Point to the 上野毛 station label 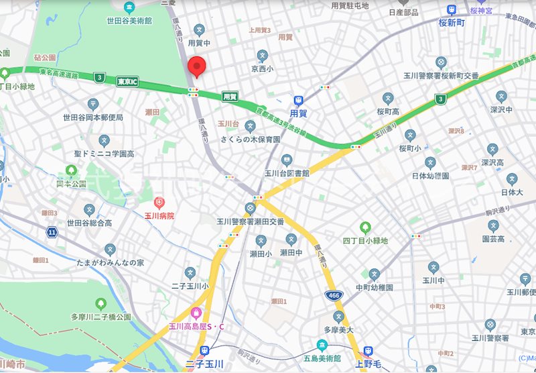point(368,364)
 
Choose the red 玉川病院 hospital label point(159,215)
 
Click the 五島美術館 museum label point(322,358)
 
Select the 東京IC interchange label point(127,82)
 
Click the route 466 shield point(332,295)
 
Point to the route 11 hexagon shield point(52,231)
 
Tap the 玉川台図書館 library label point(287,172)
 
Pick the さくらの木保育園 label point(250,139)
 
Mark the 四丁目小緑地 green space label point(365,240)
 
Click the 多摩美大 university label point(339,329)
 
